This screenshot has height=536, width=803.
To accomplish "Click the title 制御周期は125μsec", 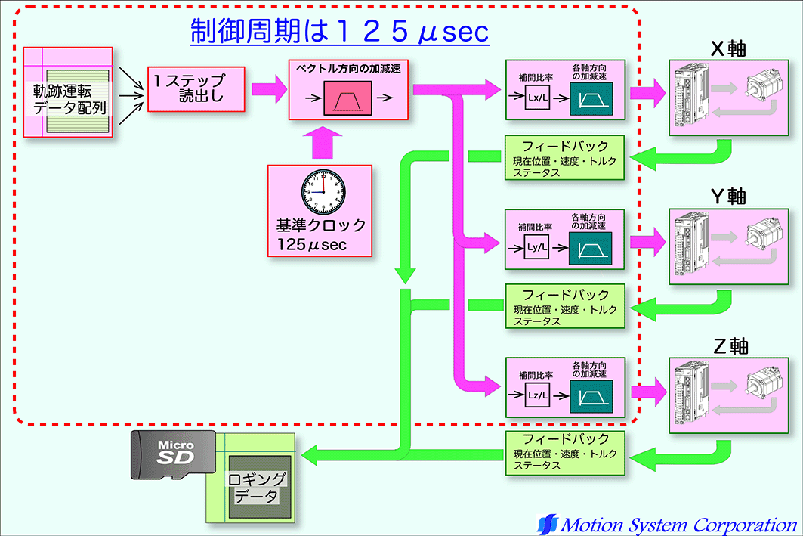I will (339, 33).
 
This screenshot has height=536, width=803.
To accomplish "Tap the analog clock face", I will (324, 191).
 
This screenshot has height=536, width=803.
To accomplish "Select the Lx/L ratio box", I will (537, 98).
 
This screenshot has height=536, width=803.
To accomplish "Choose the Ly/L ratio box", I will (537, 247).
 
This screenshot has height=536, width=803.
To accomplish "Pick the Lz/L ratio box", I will (537, 395).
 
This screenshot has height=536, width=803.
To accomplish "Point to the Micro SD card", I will (173, 454).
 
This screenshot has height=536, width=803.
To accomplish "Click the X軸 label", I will (728, 48).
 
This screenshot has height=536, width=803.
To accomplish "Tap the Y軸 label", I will (728, 197).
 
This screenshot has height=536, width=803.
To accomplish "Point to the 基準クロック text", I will (321, 225).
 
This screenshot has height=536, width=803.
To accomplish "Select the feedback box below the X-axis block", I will (566, 157).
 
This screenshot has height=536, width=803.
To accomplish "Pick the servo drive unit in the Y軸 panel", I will (693, 240).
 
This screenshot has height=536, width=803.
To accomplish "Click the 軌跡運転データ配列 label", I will (69, 99).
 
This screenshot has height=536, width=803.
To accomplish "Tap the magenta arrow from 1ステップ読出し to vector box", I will (266, 88).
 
